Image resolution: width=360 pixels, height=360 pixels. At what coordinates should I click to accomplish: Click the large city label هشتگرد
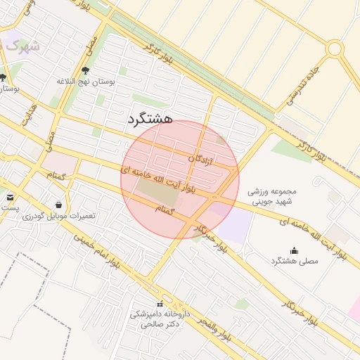pyautogui.click(x=151, y=120)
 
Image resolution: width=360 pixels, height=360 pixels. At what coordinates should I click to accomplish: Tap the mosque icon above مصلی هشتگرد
pyautogui.click(x=294, y=250)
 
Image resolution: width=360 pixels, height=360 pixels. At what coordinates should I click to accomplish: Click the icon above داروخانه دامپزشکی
pyautogui.click(x=160, y=304)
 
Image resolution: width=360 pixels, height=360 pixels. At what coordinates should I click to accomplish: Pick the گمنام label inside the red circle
pyautogui.click(x=163, y=208)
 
